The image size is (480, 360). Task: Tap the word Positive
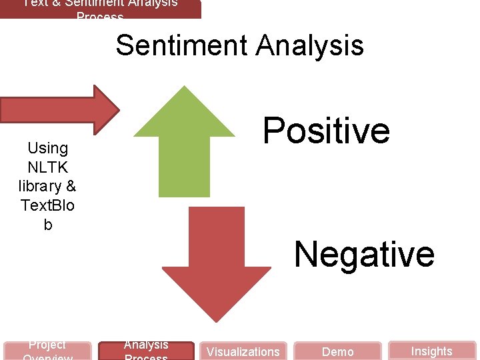[x=326, y=130]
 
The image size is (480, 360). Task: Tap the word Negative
[x=364, y=254]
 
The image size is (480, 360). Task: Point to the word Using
[x=48, y=148]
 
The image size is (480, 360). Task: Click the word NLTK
[x=48, y=167]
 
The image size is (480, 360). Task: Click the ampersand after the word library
[x=71, y=186]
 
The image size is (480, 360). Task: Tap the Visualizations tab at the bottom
[x=243, y=351]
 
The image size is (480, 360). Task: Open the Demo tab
[x=338, y=351]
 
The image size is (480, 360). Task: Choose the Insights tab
[x=431, y=351]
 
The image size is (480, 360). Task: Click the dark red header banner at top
[x=100, y=9]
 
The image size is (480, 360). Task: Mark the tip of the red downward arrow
[x=216, y=320]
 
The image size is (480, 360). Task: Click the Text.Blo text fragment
[x=48, y=205]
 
